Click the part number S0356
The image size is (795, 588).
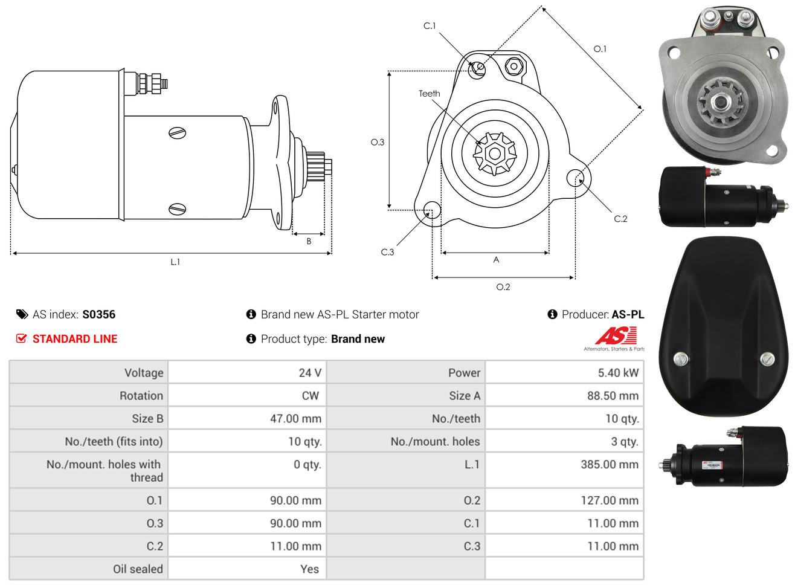(x=98, y=314)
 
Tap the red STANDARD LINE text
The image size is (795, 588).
(x=75, y=339)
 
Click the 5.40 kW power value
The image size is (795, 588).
(x=618, y=373)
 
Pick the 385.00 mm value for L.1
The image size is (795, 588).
(x=610, y=464)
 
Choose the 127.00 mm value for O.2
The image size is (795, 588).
(x=610, y=500)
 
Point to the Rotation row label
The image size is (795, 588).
(x=141, y=395)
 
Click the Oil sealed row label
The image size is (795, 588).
(x=138, y=569)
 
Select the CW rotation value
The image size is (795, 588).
(x=310, y=395)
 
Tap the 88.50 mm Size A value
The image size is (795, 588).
(x=613, y=395)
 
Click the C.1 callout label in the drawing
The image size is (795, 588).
(x=430, y=26)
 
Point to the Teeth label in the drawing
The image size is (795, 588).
(x=429, y=94)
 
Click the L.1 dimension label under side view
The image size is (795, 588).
(x=175, y=262)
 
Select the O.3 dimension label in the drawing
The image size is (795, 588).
(x=378, y=143)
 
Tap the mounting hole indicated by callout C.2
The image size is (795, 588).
(x=575, y=178)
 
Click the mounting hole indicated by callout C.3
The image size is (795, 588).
(x=432, y=209)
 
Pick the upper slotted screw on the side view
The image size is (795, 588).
(x=177, y=133)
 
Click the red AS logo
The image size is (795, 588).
(x=616, y=335)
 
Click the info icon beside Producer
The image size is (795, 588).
(x=552, y=314)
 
